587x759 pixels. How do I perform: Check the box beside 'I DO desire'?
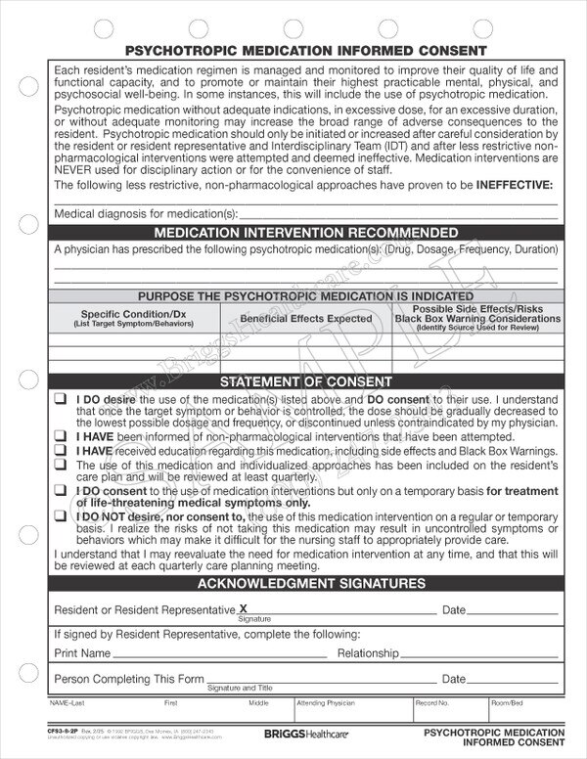tap(61, 400)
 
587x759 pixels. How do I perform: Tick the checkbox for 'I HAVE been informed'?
tap(61, 436)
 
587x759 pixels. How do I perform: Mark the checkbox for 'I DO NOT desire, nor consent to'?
tap(61, 513)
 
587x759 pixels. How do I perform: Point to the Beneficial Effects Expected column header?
tap(293, 318)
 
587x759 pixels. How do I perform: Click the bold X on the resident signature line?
tap(244, 607)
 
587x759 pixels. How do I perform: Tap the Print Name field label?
tap(81, 652)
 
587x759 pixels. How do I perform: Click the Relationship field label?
tap(368, 652)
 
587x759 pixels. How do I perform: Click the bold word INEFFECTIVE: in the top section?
tap(514, 185)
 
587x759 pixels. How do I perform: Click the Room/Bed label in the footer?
tap(508, 702)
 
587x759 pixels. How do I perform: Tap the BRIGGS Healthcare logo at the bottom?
tap(293, 731)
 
